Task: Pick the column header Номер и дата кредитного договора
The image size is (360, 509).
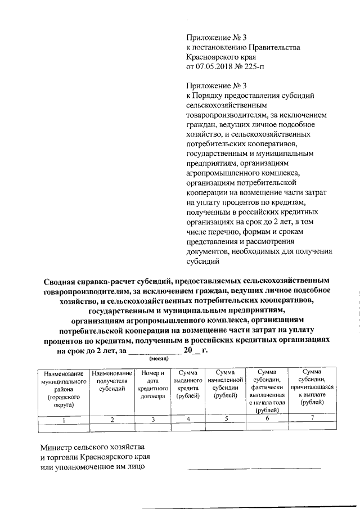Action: [152, 385]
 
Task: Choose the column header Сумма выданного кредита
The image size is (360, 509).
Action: [188, 385]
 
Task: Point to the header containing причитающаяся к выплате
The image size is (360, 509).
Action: [312, 388]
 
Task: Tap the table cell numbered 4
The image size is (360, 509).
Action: [188, 418]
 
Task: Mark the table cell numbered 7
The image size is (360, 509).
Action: [312, 417]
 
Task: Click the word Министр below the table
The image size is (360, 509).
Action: [59, 447]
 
